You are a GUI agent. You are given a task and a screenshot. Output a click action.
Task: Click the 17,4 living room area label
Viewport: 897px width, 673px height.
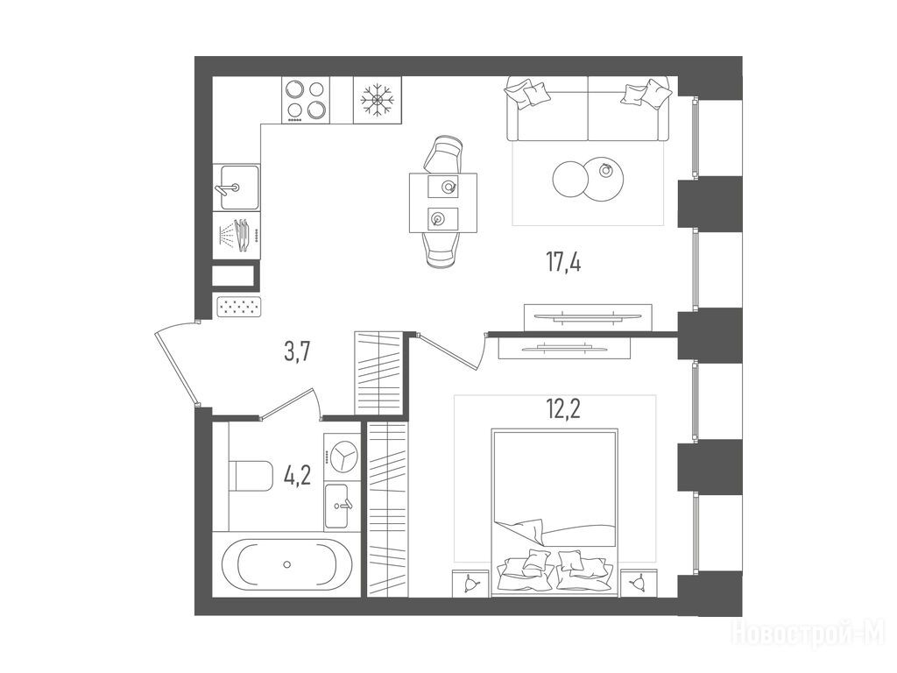(x=563, y=263)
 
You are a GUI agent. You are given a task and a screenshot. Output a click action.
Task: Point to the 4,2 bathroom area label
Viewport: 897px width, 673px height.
(x=298, y=475)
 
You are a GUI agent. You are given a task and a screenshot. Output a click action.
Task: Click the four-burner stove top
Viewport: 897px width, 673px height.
(x=306, y=100)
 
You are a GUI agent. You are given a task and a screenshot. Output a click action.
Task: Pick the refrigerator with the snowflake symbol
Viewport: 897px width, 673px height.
(x=378, y=100)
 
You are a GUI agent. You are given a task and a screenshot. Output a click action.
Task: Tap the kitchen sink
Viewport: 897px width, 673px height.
(x=237, y=188)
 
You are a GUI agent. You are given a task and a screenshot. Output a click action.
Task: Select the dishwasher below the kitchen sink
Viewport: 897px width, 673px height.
(x=237, y=235)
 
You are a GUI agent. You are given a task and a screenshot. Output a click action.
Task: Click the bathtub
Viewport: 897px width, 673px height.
(x=286, y=564)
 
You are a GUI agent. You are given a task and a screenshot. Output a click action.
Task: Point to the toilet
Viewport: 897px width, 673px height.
(x=251, y=475)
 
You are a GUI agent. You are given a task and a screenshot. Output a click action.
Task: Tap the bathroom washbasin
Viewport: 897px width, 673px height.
(x=343, y=507)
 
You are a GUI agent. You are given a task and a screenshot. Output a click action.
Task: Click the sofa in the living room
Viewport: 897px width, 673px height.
(x=588, y=109)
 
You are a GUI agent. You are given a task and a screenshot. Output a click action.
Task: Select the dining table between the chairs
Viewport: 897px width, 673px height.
(x=443, y=202)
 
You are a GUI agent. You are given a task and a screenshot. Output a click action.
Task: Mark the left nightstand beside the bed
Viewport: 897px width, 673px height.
(x=470, y=584)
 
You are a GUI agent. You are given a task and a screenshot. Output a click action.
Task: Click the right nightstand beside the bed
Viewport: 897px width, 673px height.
(x=638, y=584)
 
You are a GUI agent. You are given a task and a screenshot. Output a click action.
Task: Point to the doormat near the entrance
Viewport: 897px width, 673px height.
(x=239, y=306)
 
